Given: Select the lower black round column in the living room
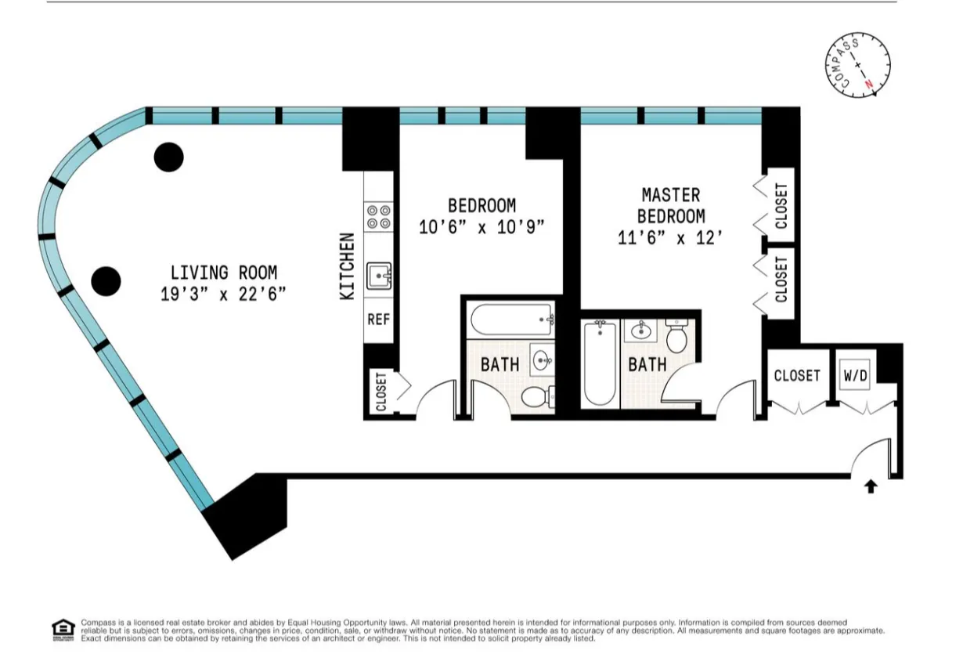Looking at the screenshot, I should [x=106, y=280].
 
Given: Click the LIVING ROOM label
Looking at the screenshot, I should [x=223, y=273].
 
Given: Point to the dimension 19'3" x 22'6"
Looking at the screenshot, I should [x=223, y=294].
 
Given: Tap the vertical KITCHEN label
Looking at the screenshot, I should [x=348, y=266].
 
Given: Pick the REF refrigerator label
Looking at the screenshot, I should [x=380, y=320].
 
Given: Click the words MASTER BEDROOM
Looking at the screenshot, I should [x=670, y=205].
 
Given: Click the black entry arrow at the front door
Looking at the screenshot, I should [x=871, y=487].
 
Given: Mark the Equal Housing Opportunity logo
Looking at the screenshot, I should [x=62, y=629].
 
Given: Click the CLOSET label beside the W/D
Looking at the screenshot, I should [x=797, y=376].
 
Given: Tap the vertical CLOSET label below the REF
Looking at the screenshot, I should [x=381, y=392].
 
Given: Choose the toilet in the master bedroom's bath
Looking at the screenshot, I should [x=676, y=338].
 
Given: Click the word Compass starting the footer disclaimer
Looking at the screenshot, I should [x=95, y=623].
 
